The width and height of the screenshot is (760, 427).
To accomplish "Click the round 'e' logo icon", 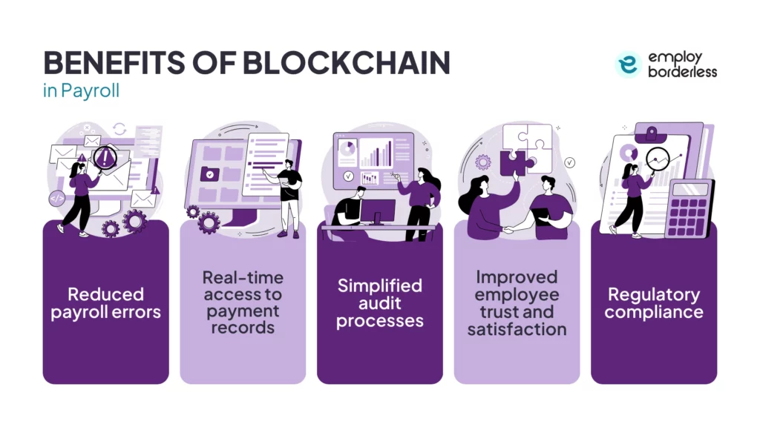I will [628, 65].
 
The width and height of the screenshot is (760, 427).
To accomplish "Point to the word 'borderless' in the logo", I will [683, 73].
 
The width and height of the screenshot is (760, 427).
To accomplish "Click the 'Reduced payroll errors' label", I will [105, 304].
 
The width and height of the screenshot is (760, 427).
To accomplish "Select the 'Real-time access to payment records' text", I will [243, 302].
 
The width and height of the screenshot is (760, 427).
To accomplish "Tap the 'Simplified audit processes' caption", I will [379, 303].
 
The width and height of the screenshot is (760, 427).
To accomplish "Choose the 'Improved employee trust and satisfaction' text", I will [517, 302].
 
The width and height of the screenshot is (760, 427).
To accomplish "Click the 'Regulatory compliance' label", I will [653, 304].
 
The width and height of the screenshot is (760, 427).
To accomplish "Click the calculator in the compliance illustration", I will [689, 207].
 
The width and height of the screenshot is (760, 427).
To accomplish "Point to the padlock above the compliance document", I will [652, 134].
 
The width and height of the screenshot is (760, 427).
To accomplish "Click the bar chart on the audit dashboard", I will [376, 154].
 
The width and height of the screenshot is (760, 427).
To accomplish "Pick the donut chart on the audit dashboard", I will [347, 149].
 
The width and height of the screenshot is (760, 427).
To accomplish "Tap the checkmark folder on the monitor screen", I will [209, 174].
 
